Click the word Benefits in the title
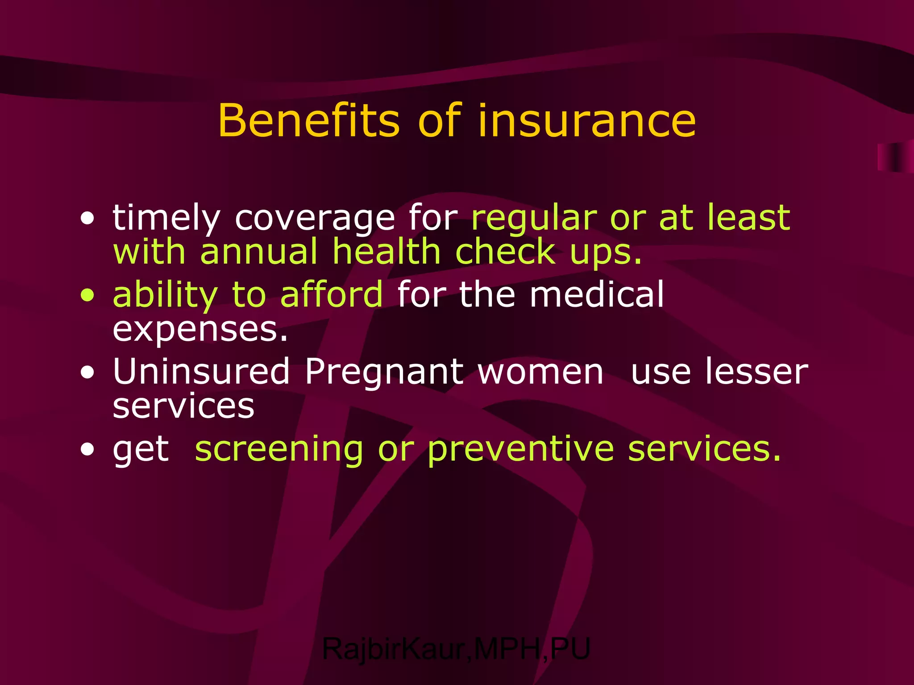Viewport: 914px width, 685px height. [308, 120]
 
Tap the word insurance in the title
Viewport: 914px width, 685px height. [586, 120]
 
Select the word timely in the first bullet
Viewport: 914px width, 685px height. [166, 219]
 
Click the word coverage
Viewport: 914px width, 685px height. [315, 219]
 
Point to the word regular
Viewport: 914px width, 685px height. [534, 219]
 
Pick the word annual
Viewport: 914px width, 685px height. [259, 252]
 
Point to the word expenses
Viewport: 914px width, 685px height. [200, 330]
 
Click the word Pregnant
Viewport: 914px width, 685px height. [384, 372]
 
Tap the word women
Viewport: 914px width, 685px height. [540, 372]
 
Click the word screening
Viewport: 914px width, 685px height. [279, 450]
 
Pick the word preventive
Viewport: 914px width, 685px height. [520, 450]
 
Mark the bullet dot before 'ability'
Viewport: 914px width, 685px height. [88, 296]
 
